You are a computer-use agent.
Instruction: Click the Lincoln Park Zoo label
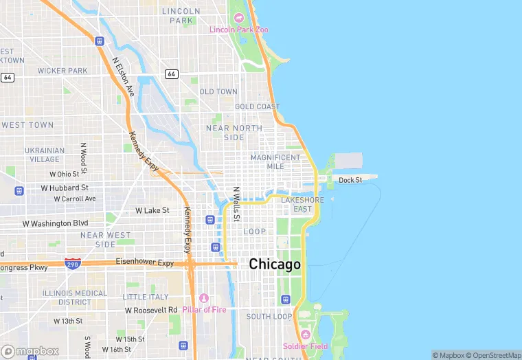(238, 30)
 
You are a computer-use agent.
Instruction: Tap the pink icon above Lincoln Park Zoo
(239, 18)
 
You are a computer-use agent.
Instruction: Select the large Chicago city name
(275, 264)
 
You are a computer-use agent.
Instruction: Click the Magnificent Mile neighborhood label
(275, 161)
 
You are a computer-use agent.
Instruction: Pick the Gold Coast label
(258, 106)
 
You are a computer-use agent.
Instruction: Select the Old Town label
(218, 91)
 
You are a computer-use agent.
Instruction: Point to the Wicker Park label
(63, 71)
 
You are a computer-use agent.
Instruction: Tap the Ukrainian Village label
(45, 155)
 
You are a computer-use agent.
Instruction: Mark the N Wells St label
(236, 203)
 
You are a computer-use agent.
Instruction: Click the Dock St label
(350, 180)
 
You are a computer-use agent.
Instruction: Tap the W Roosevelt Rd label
(151, 310)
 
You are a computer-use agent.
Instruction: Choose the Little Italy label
(145, 297)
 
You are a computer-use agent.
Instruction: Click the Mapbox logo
(30, 351)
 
